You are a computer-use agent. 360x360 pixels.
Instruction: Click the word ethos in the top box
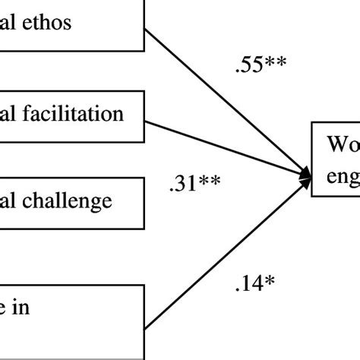[x=46, y=22]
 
